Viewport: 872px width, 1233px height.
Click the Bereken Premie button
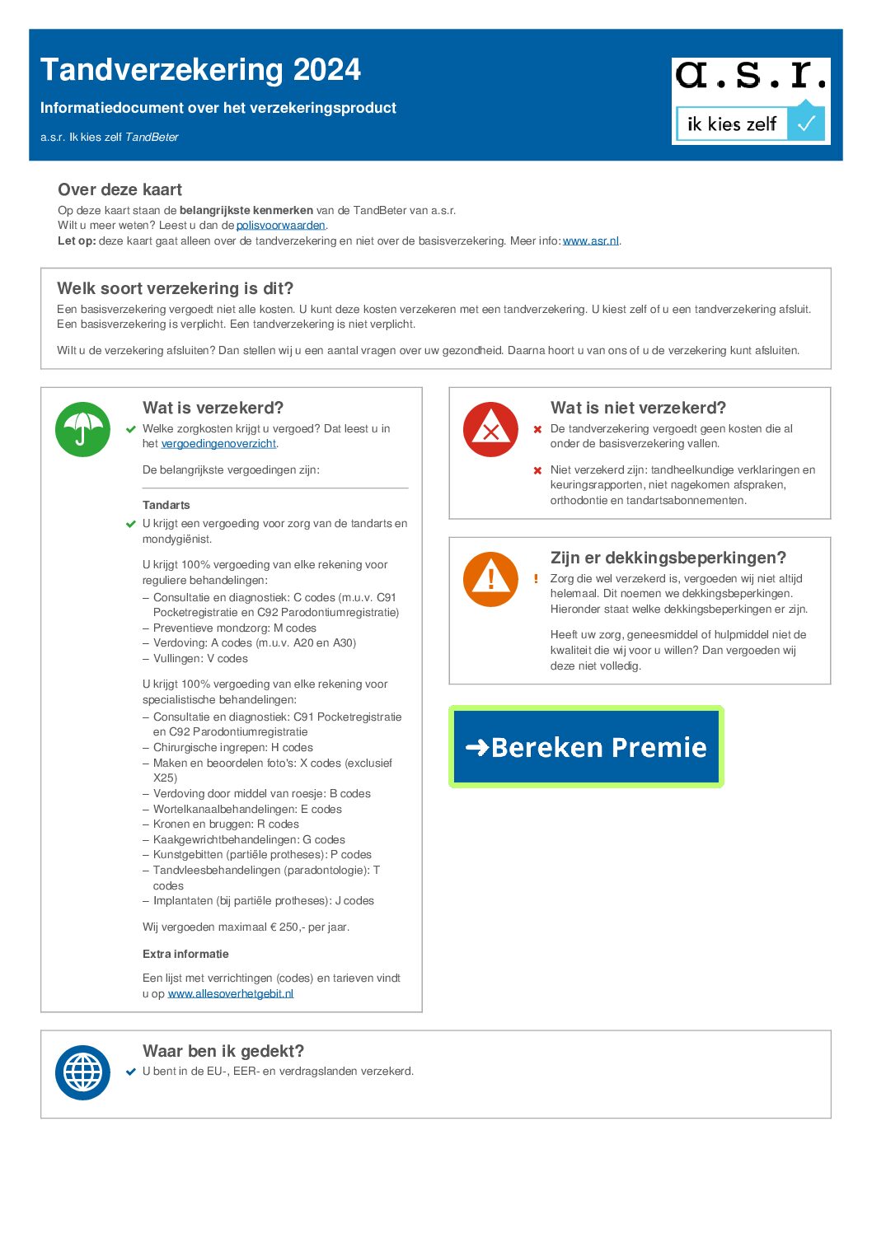pos(586,747)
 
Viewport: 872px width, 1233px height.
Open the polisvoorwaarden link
pos(280,226)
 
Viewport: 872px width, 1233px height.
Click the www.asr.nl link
pos(590,241)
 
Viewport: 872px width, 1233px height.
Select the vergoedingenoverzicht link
pos(218,444)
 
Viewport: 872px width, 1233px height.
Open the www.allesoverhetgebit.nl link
pos(231,994)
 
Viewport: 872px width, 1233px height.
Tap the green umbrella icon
pos(82,429)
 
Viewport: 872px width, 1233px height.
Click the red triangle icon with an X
pos(490,429)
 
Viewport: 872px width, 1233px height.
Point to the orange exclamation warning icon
pos(490,579)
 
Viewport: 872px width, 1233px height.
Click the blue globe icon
pos(82,1072)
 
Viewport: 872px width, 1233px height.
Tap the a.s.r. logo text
pos(751,77)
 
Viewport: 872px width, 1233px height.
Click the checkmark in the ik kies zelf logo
pos(806,124)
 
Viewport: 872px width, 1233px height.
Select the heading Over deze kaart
pos(120,190)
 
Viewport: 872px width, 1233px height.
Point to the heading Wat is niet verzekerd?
pos(638,409)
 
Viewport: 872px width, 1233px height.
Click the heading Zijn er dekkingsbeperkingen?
pos(668,558)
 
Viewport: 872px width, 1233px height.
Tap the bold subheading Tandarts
pos(166,505)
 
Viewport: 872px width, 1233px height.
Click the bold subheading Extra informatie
pos(185,954)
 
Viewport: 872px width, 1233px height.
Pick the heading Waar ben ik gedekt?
pos(223,1052)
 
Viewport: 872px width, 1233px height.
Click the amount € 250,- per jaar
pos(309,927)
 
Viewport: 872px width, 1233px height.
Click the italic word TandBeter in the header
pos(152,138)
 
